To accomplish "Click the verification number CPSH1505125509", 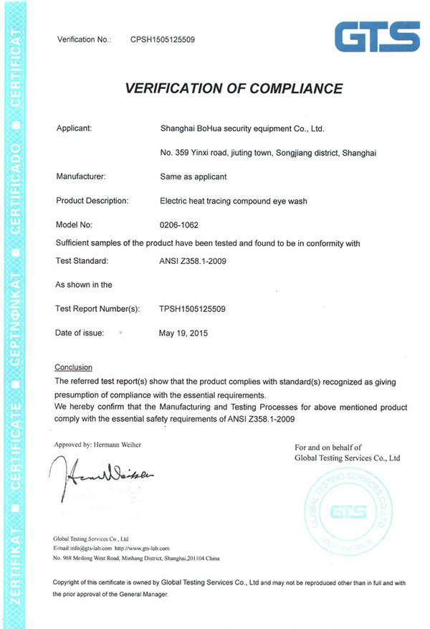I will coord(162,39).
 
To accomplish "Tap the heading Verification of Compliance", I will coord(234,89).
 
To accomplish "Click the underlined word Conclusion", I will coord(73,366).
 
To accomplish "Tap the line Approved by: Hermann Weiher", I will coord(98,445).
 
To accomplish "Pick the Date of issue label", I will coord(80,333).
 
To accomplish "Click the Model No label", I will coord(74,225).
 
